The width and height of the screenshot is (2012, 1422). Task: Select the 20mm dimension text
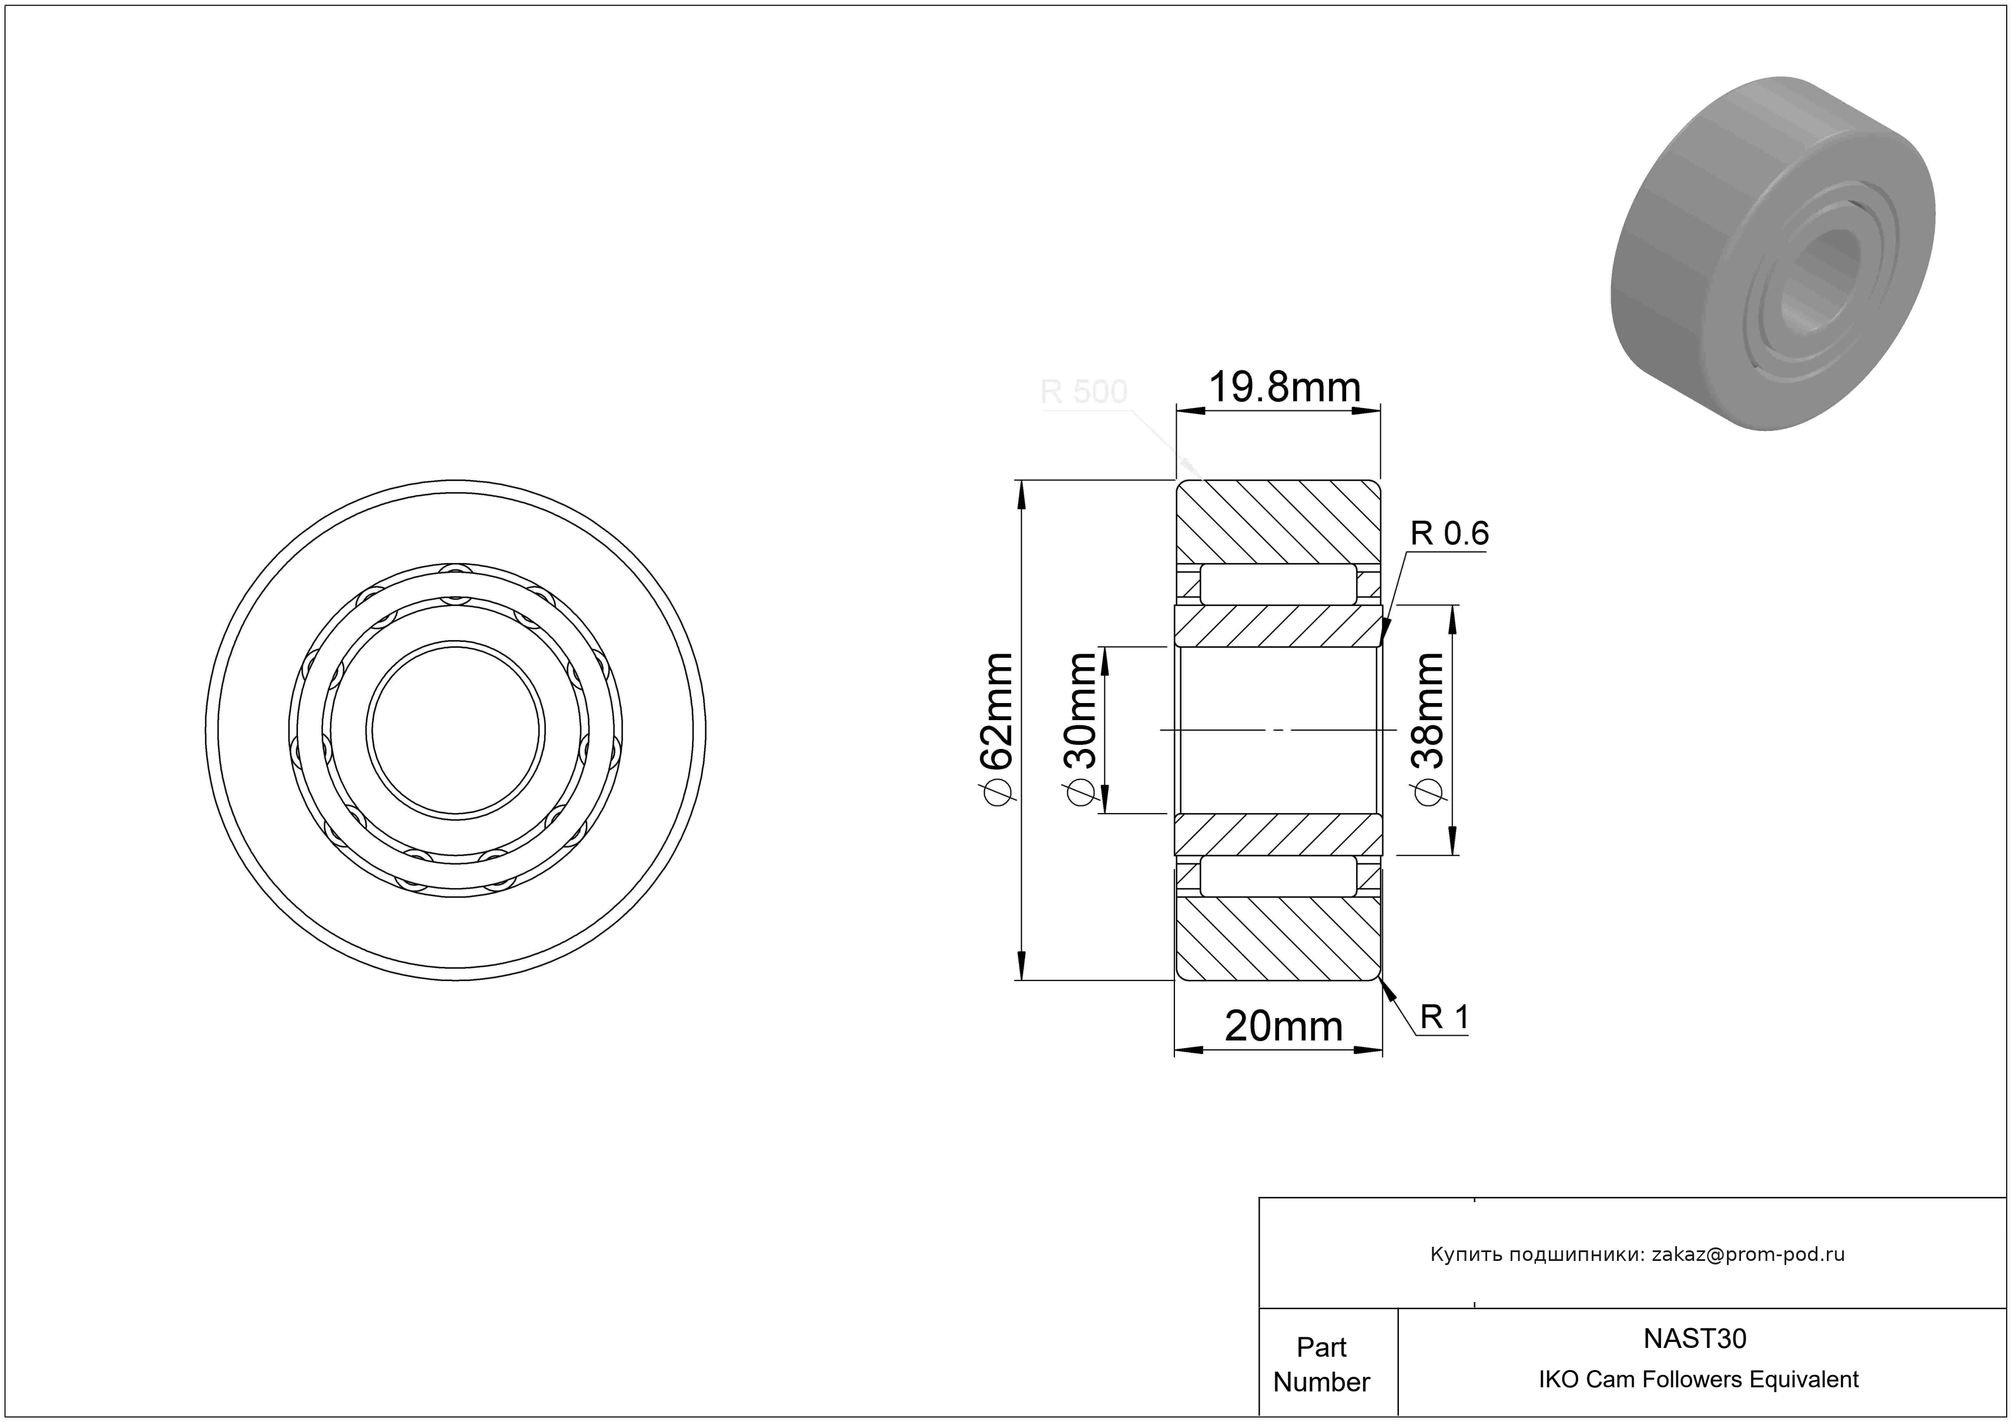click(1284, 1026)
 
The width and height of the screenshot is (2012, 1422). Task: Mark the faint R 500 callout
click(1083, 391)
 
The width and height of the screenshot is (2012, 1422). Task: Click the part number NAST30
click(1695, 1338)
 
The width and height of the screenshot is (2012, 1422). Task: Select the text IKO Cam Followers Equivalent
click(1698, 1379)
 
